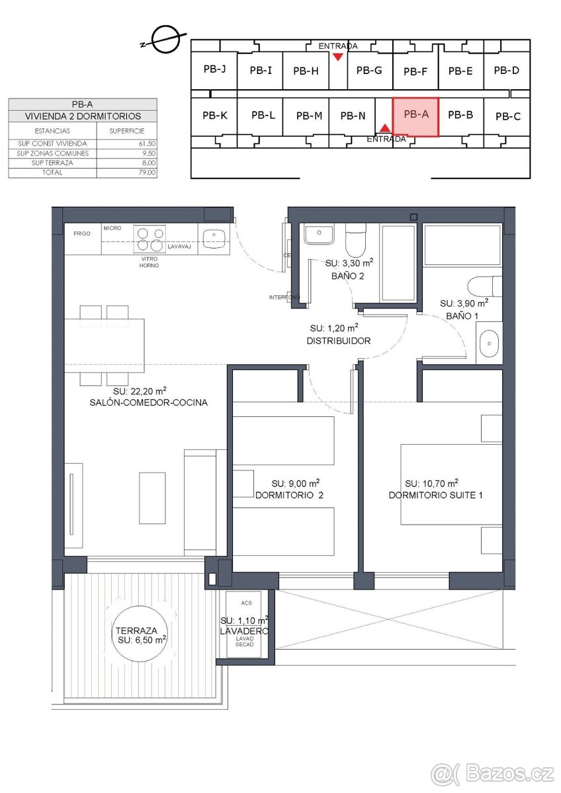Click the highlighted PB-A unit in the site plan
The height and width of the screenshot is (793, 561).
click(415, 117)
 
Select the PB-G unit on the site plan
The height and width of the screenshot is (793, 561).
click(369, 71)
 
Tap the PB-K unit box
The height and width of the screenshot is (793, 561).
click(215, 115)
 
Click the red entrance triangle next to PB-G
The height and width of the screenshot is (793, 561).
click(338, 57)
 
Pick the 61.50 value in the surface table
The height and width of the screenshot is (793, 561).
click(148, 143)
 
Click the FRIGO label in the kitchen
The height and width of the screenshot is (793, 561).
click(82, 233)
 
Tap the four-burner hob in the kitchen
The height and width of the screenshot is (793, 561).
click(150, 237)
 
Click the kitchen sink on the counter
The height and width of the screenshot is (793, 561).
click(213, 238)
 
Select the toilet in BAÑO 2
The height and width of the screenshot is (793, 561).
click(355, 241)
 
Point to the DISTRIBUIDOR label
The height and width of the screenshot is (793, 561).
click(338, 341)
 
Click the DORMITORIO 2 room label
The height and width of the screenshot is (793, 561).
click(289, 494)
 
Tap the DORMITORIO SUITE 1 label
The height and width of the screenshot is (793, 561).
click(435, 494)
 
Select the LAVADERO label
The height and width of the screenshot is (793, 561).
click(245, 631)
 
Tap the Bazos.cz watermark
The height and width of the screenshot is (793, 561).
click(493, 772)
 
